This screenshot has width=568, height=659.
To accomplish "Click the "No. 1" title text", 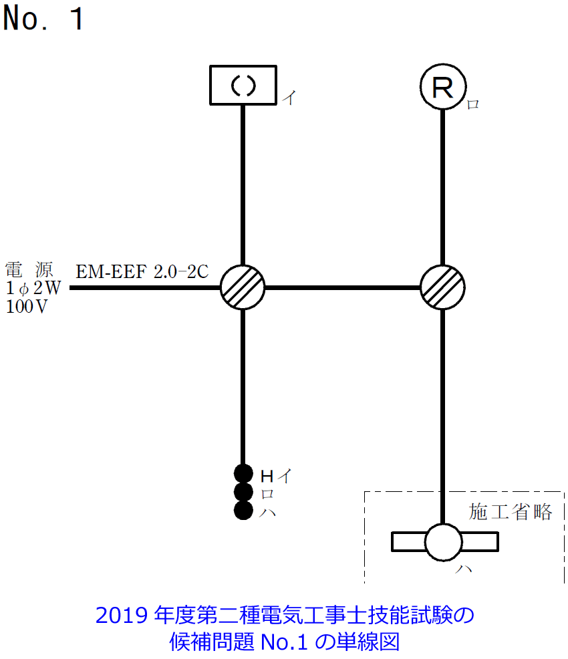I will pos(44,19).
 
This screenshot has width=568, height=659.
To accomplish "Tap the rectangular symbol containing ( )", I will pos(243,85).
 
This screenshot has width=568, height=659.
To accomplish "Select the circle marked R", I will pos(442,88).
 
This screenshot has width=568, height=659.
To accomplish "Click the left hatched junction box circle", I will pos(243,287).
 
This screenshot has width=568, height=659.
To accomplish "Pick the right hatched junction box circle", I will pos(442,287).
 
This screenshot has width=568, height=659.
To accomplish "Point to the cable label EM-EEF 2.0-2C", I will pos(142,272).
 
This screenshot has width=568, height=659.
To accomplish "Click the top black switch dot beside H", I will pos(243,474).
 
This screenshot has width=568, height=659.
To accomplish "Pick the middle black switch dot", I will pos(243,493).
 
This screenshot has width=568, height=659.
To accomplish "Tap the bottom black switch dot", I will pos(243,511).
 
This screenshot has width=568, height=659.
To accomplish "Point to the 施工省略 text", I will pos(511,512).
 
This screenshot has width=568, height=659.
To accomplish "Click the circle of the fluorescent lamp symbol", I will pos(443,541).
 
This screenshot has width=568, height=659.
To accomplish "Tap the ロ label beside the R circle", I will pos(472,104).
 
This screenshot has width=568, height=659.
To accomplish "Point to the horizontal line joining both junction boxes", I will pos(342,287).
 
